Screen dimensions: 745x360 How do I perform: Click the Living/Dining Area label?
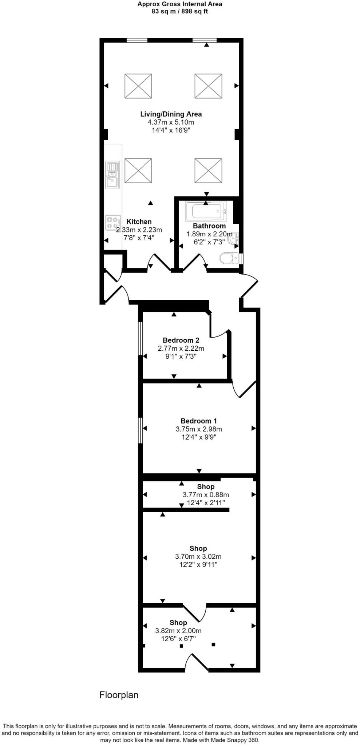[x=171, y=114]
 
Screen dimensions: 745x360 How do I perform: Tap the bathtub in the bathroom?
[x=206, y=211]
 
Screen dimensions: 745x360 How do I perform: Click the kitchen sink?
[x=112, y=175]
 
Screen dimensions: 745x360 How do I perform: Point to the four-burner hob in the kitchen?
[x=113, y=223]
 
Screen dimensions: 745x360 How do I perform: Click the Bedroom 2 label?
[x=181, y=340]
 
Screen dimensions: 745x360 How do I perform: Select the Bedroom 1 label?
[x=199, y=421]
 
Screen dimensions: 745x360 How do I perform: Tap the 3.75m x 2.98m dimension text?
[x=199, y=429]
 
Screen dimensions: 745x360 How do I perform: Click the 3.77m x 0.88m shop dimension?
[x=206, y=495]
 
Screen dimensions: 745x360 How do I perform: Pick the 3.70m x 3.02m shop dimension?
[x=198, y=557]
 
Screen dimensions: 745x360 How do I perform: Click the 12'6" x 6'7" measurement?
[x=178, y=639]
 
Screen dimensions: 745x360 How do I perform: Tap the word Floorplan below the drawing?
[x=119, y=695]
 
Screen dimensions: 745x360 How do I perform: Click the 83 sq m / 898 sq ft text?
[x=180, y=11]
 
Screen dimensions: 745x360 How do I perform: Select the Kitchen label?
[x=139, y=222]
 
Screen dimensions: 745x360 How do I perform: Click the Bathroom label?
[x=209, y=226]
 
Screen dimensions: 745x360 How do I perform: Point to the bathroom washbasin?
[x=234, y=239]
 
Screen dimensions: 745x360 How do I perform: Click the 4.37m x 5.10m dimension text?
[x=171, y=122]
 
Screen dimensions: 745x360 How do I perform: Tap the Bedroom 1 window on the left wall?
[x=141, y=430]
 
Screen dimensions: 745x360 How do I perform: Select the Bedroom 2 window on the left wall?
[x=141, y=338]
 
